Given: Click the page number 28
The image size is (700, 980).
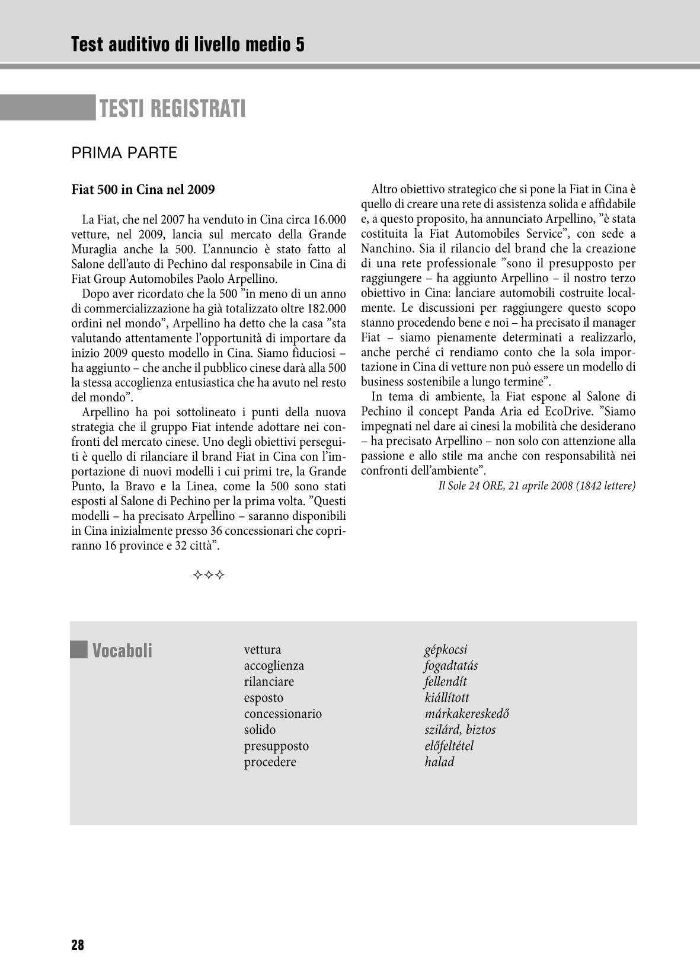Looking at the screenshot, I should pyautogui.click(x=78, y=945).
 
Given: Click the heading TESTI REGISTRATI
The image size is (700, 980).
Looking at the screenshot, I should pyautogui.click(x=172, y=108).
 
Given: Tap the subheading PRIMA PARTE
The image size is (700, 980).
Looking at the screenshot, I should pyautogui.click(x=124, y=153).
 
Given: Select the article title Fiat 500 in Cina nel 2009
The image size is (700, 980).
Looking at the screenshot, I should pyautogui.click(x=143, y=190).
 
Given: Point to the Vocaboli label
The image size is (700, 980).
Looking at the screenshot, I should pyautogui.click(x=122, y=650).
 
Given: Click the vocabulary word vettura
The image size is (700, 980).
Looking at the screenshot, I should pyautogui.click(x=263, y=649).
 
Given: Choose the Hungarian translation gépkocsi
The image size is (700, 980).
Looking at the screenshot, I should pyautogui.click(x=446, y=649).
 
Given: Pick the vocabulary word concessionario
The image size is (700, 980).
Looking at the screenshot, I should pyautogui.click(x=283, y=713).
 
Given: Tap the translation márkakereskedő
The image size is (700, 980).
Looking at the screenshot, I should pyautogui.click(x=466, y=713).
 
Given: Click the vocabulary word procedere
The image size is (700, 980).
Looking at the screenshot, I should pyautogui.click(x=270, y=762).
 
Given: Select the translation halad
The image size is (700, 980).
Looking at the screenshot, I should pyautogui.click(x=439, y=762).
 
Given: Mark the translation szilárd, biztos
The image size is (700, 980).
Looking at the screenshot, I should pyautogui.click(x=460, y=729).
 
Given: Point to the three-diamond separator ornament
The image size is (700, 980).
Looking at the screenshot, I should pyautogui.click(x=209, y=575).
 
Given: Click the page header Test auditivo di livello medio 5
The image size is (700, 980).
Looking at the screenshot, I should pyautogui.click(x=187, y=44).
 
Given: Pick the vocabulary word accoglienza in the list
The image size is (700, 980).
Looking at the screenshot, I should pyautogui.click(x=274, y=665).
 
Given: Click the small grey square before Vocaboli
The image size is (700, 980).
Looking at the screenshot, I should pyautogui.click(x=78, y=650).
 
